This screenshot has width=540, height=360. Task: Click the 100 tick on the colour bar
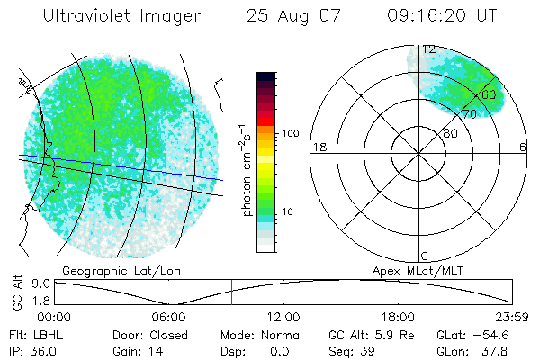pyautogui.click(x=290, y=133)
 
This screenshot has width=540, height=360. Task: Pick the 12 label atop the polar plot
pyautogui.click(x=429, y=49)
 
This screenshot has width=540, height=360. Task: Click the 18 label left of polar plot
pyautogui.click(x=318, y=148)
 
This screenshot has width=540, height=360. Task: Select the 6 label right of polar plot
pyautogui.click(x=524, y=148)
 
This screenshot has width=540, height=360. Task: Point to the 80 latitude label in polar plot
pyautogui.click(x=450, y=133)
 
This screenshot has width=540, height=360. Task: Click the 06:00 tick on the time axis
pyautogui.click(x=168, y=317)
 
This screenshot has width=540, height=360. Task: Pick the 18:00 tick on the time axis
pyautogui.click(x=398, y=317)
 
